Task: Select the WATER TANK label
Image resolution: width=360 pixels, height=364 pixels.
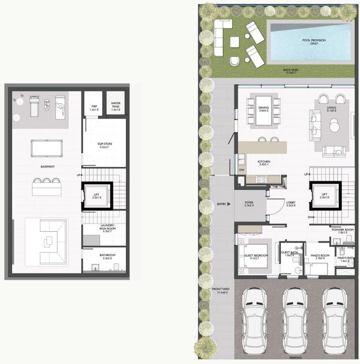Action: pos(115,106)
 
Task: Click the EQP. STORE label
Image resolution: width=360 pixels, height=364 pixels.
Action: pos(104,145)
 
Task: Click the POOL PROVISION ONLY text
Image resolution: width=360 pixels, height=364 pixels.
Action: pos(314,42)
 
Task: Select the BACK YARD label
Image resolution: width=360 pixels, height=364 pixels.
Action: pos(291,71)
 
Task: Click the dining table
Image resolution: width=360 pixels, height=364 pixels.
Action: pos(263,110)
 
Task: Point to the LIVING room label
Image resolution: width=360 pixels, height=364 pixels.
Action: pos(332,108)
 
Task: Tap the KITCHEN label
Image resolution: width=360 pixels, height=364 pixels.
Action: pos(264,162)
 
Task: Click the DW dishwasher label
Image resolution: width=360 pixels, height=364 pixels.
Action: pos(241,170)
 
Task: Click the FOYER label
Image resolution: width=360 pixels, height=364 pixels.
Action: pos(249,204)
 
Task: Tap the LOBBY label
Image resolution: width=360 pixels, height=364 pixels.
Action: pos(291,204)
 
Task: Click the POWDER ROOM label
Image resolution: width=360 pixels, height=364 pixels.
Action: pos(342,231)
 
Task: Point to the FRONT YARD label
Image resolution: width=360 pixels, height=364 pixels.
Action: pos(219,290)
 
